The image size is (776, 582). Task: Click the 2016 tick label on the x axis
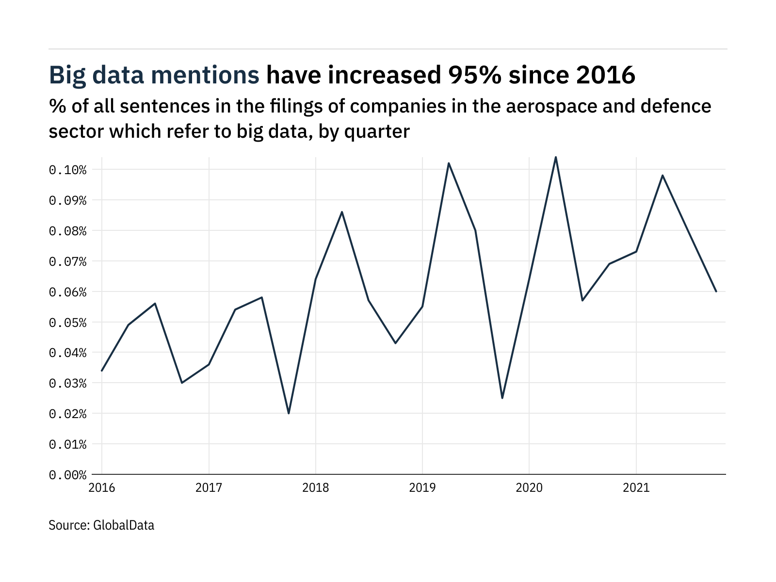coord(102,487)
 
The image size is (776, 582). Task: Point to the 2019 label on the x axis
coord(422,487)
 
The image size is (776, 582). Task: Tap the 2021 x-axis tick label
coord(636,487)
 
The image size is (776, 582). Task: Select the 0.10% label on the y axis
coord(67,170)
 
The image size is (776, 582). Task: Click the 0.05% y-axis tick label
coord(67,323)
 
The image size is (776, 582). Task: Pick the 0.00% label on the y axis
coord(67,475)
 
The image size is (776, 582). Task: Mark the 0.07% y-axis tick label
coord(67,261)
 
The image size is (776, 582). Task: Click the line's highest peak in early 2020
coord(556,157)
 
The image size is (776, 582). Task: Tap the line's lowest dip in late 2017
coord(289,413)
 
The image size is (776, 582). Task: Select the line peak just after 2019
coord(449,163)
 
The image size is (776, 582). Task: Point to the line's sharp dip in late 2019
coord(502,398)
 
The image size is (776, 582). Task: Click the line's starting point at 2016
coord(102,371)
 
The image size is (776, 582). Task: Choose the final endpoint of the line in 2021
coord(716,291)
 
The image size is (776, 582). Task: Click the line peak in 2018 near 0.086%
coord(342,212)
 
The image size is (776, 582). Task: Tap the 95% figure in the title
coord(474,75)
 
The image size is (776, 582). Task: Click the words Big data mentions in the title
coord(154,75)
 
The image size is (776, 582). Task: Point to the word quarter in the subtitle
coord(377,131)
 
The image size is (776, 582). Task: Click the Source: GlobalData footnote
coord(101,525)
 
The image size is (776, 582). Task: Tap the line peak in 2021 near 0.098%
coord(663,175)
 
